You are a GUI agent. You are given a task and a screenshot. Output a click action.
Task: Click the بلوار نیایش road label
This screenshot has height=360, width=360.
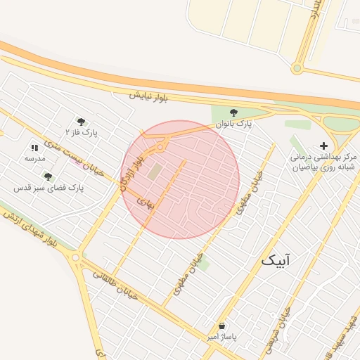coord(149,95)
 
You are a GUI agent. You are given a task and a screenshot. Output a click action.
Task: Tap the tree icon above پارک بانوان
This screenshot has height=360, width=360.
coord(234,112)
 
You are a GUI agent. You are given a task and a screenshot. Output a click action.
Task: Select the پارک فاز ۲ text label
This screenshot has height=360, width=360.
coord(82,131)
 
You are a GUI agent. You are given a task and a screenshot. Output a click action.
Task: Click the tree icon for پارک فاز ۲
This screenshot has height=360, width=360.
coord(82,121)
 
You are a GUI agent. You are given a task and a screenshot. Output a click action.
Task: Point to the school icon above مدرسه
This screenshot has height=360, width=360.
coord(34,148)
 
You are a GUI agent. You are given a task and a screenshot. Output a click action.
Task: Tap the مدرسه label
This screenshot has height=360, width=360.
coord(34,158)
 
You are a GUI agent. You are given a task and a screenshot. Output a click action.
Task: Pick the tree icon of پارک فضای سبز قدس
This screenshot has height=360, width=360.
coord(48,177)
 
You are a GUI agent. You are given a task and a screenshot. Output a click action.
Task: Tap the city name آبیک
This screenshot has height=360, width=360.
coord(275,260)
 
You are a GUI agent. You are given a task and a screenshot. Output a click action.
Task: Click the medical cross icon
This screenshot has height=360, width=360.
coord(323,146)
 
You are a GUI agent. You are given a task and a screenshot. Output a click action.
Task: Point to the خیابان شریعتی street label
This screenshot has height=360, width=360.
coord(275,330)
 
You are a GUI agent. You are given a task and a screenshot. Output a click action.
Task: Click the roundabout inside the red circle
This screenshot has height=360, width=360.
coord(161,148)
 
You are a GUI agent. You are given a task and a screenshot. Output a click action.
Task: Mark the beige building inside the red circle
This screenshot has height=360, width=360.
coord(155,171)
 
